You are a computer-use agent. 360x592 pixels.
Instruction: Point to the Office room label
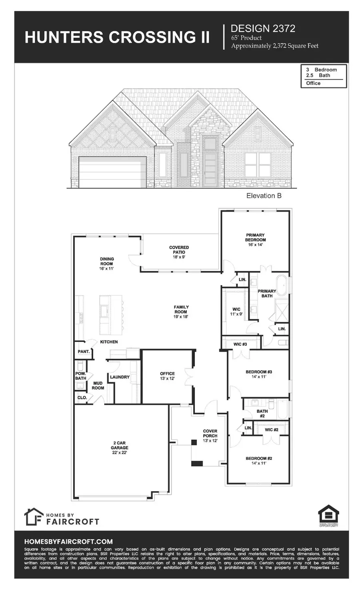(167, 376)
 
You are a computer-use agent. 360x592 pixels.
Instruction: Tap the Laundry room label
(120, 377)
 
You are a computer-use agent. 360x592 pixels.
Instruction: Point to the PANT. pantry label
(83, 352)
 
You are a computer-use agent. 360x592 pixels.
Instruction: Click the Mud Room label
(98, 385)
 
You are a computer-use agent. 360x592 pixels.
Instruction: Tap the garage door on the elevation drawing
(112, 173)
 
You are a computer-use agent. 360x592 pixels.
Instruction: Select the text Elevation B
(261, 196)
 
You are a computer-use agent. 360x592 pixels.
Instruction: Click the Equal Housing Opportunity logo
(328, 516)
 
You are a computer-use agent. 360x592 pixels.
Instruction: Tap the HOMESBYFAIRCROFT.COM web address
(68, 542)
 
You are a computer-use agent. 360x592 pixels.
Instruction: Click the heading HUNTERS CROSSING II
(117, 37)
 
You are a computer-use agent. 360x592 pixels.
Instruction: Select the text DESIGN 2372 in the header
(263, 28)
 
